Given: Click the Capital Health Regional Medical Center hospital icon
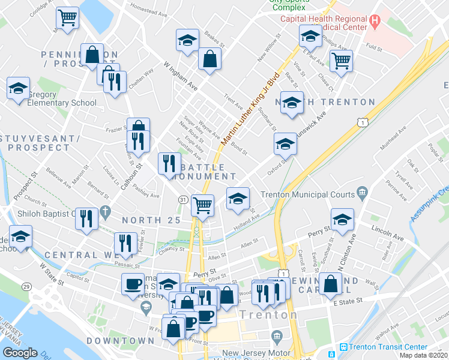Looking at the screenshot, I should click(x=376, y=23).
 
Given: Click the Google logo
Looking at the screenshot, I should click(x=20, y=353).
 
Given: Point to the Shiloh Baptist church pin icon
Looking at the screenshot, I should click(x=106, y=212).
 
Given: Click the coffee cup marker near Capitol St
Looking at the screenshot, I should click(x=133, y=284).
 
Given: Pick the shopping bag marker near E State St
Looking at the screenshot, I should click(x=331, y=284).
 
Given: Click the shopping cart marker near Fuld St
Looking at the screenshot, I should click(x=341, y=60).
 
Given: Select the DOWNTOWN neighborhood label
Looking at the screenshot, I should click(x=120, y=341).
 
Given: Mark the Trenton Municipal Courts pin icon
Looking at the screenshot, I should click(x=362, y=193).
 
